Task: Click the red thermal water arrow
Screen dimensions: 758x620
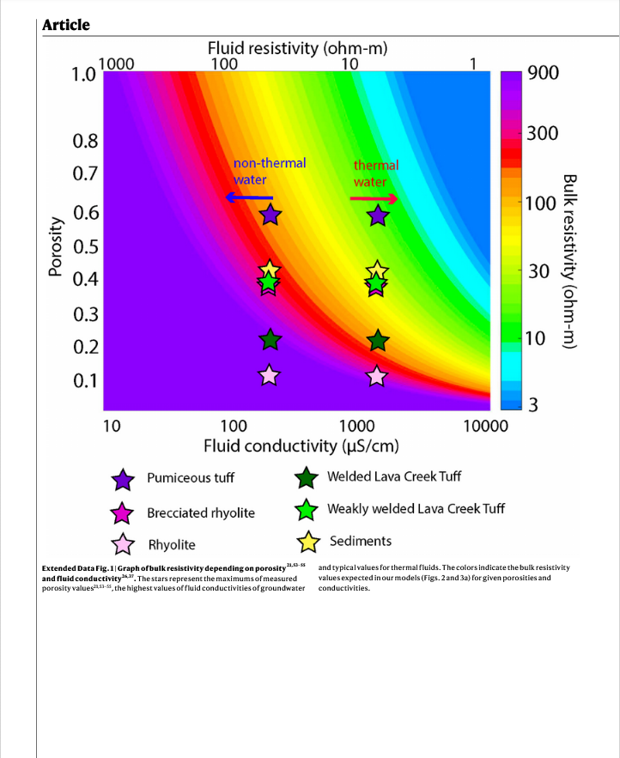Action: (374, 199)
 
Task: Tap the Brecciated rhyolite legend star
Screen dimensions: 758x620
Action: (124, 512)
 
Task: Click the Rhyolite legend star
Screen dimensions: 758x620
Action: (124, 544)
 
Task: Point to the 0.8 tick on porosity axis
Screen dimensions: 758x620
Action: (88, 140)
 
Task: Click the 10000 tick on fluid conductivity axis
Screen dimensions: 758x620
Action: (486, 425)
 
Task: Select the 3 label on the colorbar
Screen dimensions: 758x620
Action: (532, 406)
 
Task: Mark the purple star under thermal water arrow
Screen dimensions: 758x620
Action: (377, 215)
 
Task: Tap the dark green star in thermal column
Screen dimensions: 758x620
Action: (377, 341)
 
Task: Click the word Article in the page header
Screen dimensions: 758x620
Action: (66, 24)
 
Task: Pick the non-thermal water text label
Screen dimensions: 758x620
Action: (269, 171)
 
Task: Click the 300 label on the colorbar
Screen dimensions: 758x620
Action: (543, 133)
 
